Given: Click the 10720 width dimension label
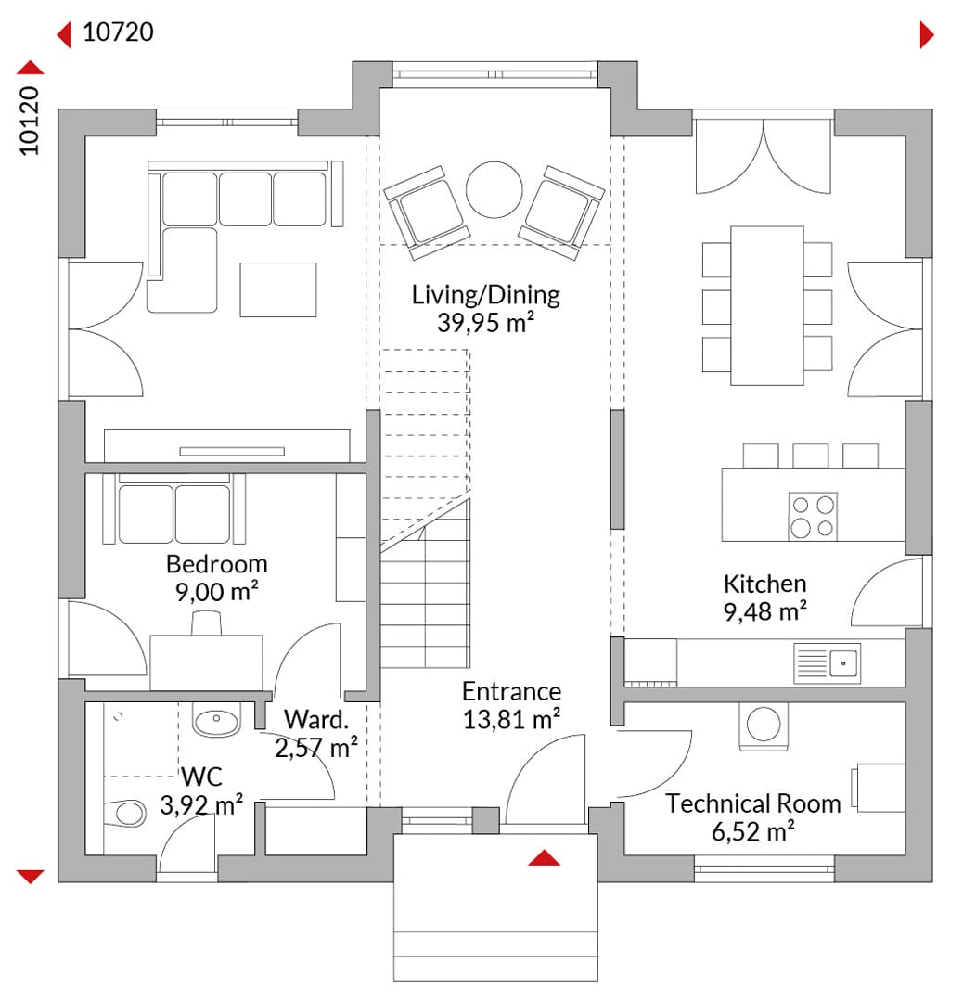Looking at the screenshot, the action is click(118, 32).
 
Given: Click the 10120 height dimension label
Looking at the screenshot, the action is click(30, 121).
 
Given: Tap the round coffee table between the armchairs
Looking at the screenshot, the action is click(494, 190).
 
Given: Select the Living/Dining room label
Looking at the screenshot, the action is click(485, 295).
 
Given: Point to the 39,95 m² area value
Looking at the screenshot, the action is click(485, 323).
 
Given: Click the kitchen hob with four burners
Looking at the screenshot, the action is click(813, 517).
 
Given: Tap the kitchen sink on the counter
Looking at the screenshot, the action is click(843, 663).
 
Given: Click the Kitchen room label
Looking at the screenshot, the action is click(764, 584).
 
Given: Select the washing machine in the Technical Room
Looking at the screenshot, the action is click(764, 726).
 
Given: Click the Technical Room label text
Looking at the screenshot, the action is click(753, 803).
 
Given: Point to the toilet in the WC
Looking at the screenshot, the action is click(125, 814).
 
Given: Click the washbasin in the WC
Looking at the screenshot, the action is click(216, 720).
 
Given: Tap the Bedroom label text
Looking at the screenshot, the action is click(216, 564).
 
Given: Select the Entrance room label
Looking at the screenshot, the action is click(512, 691).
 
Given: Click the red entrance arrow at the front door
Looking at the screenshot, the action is click(544, 857).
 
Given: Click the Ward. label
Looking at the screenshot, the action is click(316, 720).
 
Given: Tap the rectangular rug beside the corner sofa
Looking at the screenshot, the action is click(278, 289).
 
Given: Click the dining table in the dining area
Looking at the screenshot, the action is click(767, 305).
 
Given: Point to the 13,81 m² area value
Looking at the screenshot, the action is click(512, 720).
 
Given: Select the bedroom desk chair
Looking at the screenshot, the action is click(206, 623).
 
